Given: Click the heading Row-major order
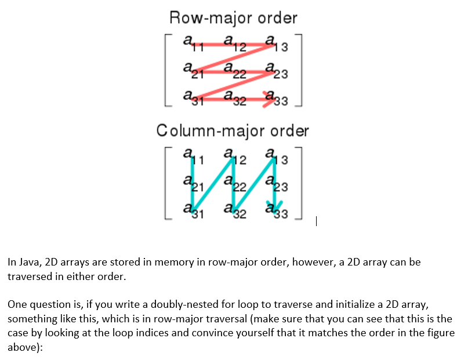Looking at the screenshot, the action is [233, 17].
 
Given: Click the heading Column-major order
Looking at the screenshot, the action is [233, 130].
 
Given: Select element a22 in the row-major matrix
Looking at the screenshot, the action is [234, 72].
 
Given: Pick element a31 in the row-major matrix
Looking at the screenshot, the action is [191, 96].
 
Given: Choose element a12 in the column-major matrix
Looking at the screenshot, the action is [233, 157].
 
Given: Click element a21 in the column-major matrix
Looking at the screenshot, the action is [191, 184].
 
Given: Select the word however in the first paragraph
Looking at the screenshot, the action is [311, 262].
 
